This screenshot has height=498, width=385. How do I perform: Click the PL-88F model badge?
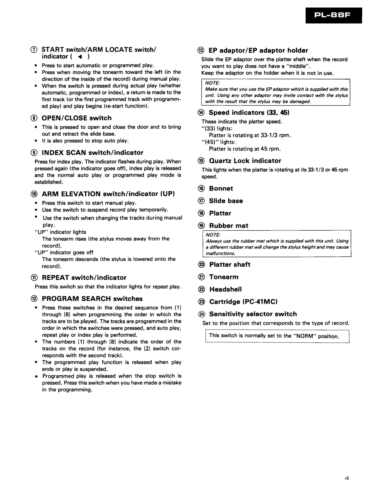333,15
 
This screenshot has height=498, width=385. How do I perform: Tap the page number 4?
347,478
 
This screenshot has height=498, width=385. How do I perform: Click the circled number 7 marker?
34,50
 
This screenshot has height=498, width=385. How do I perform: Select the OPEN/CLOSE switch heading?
76,118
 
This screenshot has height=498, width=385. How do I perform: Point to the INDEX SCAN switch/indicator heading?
92,153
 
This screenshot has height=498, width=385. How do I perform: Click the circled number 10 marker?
34,194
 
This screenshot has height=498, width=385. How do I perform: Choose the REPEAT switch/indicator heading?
84,278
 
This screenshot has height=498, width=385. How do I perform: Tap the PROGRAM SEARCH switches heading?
92,299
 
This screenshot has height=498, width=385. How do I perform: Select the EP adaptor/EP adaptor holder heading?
258,50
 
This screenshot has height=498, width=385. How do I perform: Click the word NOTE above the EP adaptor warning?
212,83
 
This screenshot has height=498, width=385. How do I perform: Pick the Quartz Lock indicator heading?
245,161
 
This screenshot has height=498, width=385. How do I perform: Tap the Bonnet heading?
221,188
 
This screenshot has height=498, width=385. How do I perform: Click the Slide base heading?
226,201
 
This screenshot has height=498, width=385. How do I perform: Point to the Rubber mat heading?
229,226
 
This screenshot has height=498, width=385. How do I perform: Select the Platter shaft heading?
229,265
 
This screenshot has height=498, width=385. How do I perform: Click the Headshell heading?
226,289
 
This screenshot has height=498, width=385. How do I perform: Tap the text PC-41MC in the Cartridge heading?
260,302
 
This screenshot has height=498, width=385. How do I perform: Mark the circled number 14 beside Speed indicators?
201,113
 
